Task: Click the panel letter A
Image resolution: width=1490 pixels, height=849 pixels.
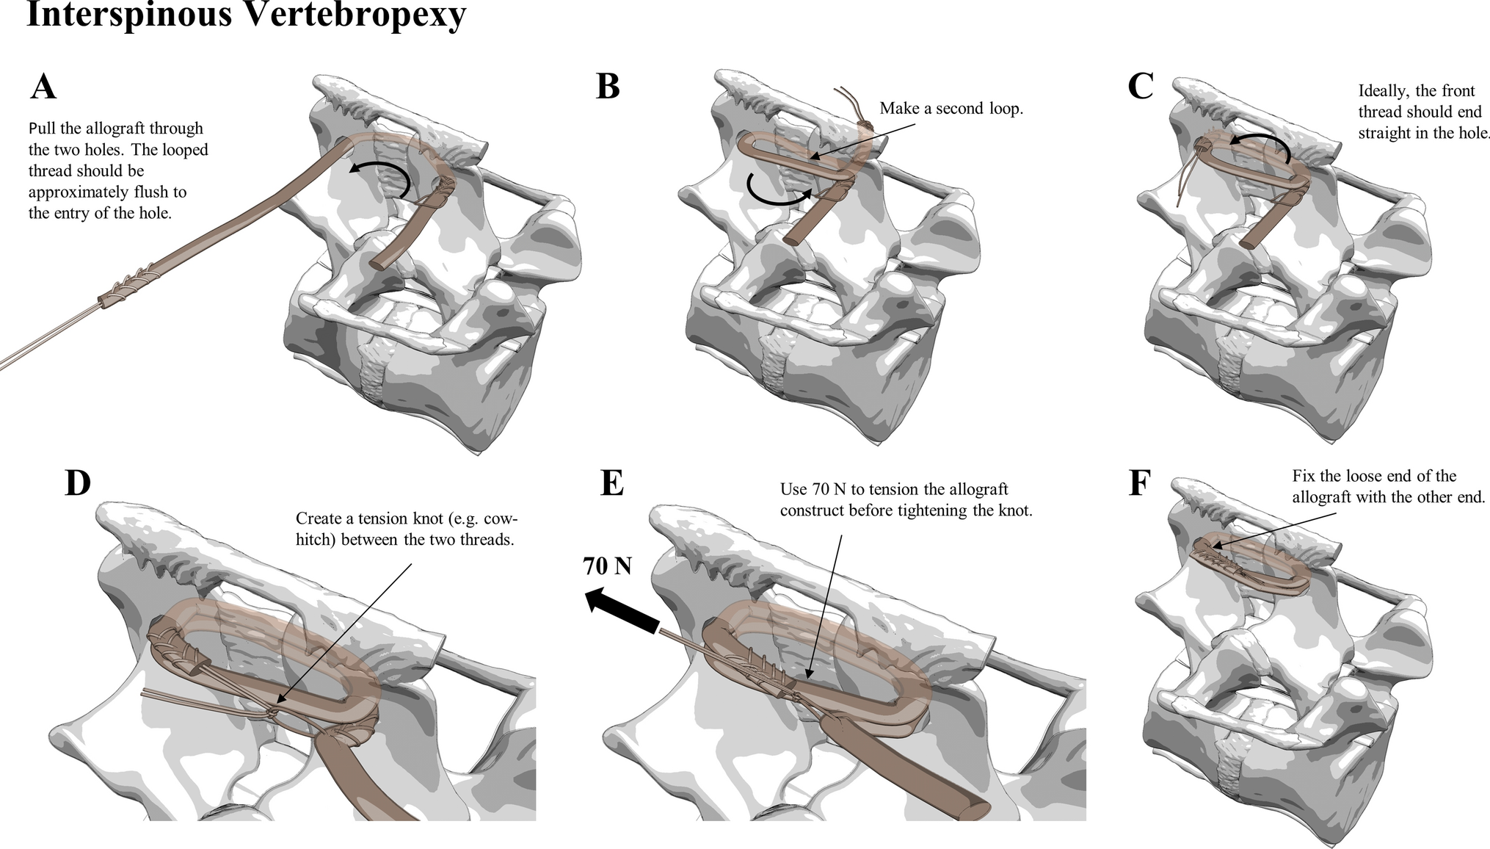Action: pyautogui.click(x=43, y=87)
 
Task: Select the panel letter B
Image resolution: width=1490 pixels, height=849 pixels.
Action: pyautogui.click(x=608, y=86)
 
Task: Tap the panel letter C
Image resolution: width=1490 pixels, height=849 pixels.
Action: pyautogui.click(x=1140, y=86)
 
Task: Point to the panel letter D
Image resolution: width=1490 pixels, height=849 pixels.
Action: pyautogui.click(x=78, y=483)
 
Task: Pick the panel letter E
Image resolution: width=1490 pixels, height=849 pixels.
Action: pyautogui.click(x=611, y=483)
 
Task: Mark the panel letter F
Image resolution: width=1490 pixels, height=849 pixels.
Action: pyautogui.click(x=1138, y=483)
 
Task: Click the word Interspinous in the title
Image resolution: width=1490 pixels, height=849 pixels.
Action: pyautogui.click(x=128, y=15)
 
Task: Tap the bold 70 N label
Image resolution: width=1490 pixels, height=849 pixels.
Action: pyautogui.click(x=607, y=566)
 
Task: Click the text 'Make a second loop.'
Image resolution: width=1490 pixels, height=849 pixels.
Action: pyautogui.click(x=951, y=109)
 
